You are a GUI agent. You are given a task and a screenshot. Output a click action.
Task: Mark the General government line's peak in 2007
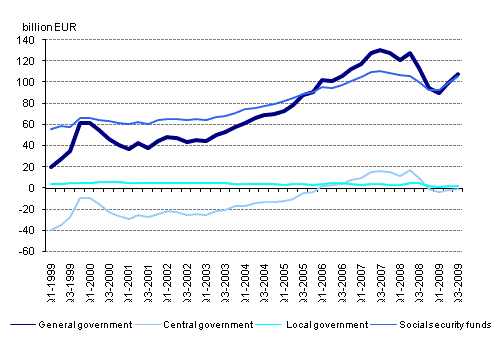pos(380,49)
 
